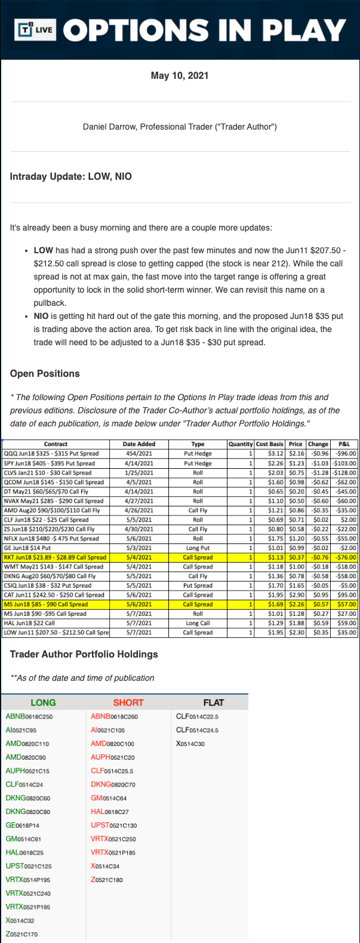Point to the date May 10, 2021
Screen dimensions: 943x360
tap(180, 76)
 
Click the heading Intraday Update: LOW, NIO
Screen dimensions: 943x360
tap(71, 177)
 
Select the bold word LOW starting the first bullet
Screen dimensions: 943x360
tap(43, 250)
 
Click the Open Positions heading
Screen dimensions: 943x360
tap(45, 374)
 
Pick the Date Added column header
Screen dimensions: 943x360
tap(139, 444)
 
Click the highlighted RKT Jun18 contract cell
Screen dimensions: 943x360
tap(55, 557)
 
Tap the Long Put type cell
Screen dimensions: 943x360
tap(198, 548)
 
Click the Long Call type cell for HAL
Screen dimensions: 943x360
tap(198, 623)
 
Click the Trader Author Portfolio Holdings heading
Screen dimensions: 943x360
tap(84, 655)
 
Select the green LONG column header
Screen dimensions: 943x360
tap(43, 702)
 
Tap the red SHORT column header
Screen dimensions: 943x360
tap(128, 702)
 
